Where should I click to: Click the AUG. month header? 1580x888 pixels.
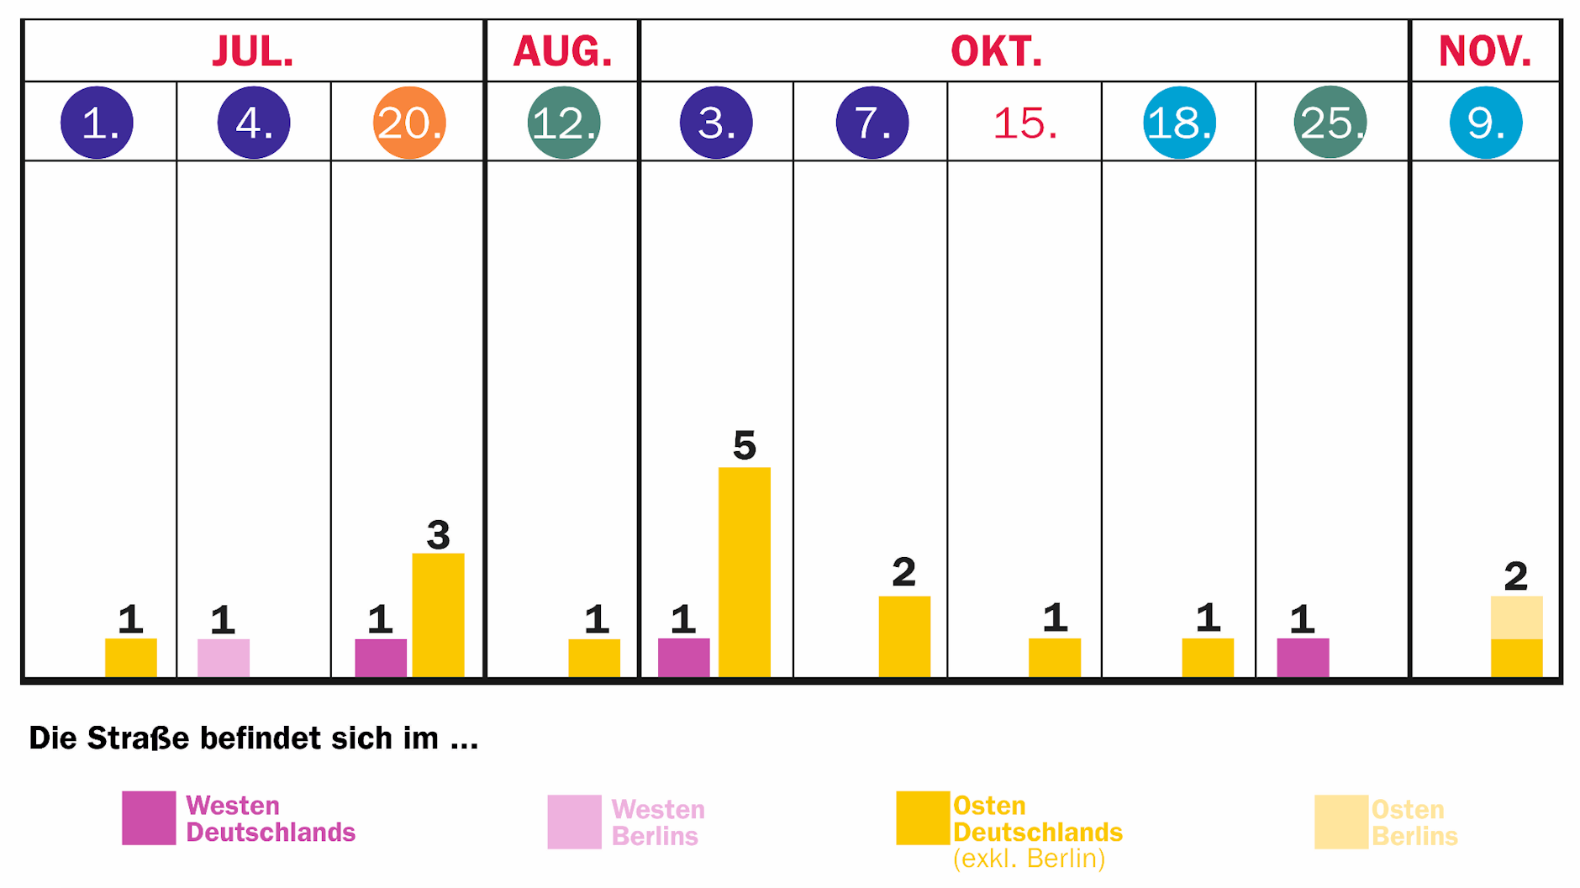(x=562, y=51)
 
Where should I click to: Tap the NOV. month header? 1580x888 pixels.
(x=1485, y=51)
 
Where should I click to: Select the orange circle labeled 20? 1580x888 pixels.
(x=409, y=123)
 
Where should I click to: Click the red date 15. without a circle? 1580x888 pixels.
(x=1024, y=123)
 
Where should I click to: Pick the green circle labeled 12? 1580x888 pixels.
(x=564, y=123)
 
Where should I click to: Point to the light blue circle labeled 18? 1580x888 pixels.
(x=1179, y=123)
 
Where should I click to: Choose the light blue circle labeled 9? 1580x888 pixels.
(x=1486, y=123)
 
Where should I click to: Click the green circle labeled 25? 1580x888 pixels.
(x=1330, y=123)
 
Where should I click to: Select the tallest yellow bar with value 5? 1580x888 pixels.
(x=745, y=571)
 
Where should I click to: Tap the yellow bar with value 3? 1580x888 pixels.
(x=438, y=614)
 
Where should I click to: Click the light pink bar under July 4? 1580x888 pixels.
(x=224, y=657)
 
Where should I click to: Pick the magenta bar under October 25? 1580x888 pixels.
(x=1303, y=657)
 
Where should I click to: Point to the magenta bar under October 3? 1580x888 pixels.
(x=683, y=657)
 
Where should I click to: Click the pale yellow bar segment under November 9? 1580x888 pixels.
(x=1516, y=617)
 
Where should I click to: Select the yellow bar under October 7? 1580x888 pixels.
(x=904, y=636)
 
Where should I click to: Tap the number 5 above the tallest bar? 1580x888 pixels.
(x=745, y=445)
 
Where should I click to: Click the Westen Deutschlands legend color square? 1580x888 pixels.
(x=149, y=817)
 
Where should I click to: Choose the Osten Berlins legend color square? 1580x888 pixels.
(x=1341, y=822)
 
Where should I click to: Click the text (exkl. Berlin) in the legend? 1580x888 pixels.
(x=1029, y=859)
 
